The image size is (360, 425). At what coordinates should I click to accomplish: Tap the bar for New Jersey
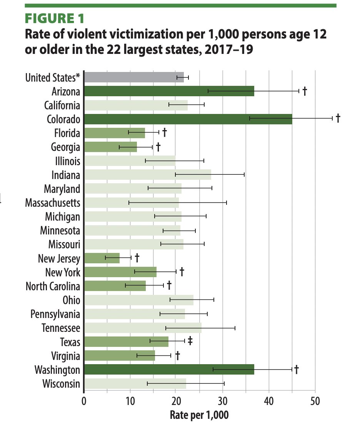102,258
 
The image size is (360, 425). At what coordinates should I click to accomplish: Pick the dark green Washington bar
169,370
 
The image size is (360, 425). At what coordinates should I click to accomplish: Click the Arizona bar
169,91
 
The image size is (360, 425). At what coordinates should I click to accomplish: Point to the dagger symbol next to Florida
164,132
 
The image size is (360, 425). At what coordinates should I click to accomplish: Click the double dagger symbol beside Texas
190,341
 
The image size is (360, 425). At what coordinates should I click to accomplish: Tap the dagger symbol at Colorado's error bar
338,118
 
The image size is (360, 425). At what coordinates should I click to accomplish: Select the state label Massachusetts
53,202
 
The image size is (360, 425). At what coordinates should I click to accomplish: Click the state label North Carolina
53,286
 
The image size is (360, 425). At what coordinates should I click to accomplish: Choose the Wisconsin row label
61,383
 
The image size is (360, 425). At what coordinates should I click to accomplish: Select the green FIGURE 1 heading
55,18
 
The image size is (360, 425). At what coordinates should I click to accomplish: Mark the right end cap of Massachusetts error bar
227,202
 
